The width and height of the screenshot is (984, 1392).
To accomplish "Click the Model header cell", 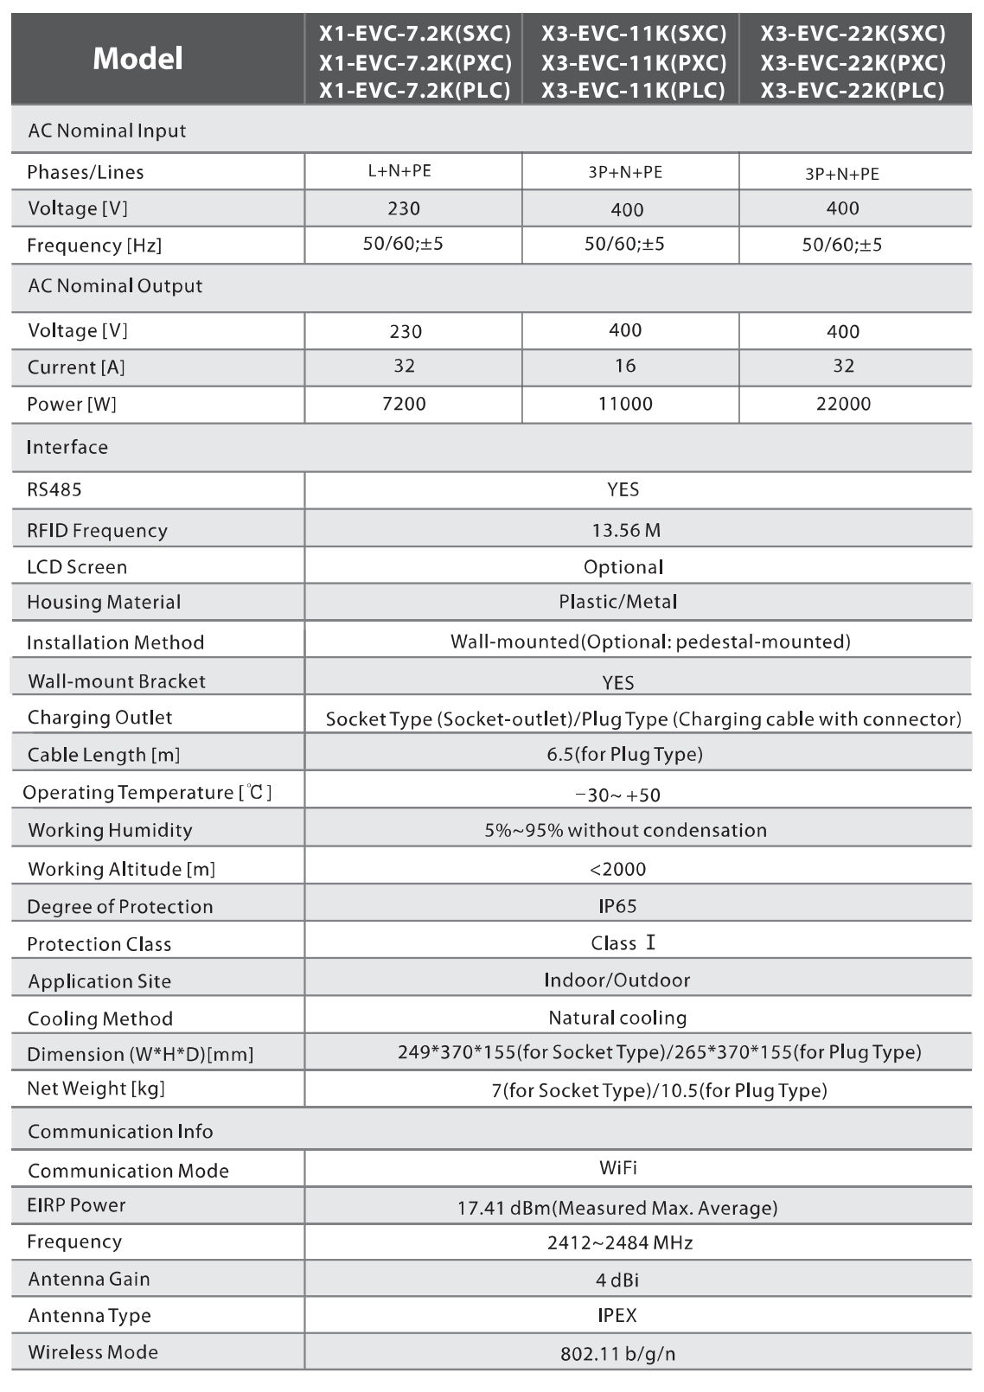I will pos(138,59).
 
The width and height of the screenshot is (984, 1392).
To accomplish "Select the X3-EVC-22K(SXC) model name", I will pos(853,34).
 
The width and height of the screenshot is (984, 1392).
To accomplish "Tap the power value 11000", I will pos(625,404).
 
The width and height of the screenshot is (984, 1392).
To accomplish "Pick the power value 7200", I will pos(404,404).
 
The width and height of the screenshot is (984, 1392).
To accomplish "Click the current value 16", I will pos(625,366).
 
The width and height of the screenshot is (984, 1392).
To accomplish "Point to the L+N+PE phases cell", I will pos(399,171).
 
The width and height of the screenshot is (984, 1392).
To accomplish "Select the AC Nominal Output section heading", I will pos(115,286).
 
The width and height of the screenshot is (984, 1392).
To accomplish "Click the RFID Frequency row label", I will pos(97,531).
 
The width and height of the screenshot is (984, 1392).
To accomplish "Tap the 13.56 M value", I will pos(626,531).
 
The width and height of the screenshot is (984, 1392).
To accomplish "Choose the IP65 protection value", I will pos(617,906).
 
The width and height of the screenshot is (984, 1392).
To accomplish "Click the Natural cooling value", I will pos(617,1018).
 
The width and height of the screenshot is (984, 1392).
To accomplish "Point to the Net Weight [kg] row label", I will pos(96,1089).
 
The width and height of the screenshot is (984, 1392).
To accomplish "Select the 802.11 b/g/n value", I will pos(617,1354).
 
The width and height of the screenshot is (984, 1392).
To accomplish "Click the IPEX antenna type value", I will pos(617,1316).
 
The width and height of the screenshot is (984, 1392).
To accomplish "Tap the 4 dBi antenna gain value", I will pos(617,1280).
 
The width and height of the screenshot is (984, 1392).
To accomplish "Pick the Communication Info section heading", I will pos(120,1132).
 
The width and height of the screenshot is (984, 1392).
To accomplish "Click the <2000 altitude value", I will pos(617,869).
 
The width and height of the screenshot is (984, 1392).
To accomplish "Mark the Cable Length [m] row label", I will pos(104,755).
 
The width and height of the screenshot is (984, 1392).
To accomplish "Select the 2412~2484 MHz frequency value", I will pos(620,1243).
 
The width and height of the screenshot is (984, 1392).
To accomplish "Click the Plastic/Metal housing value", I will pos(617,602).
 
